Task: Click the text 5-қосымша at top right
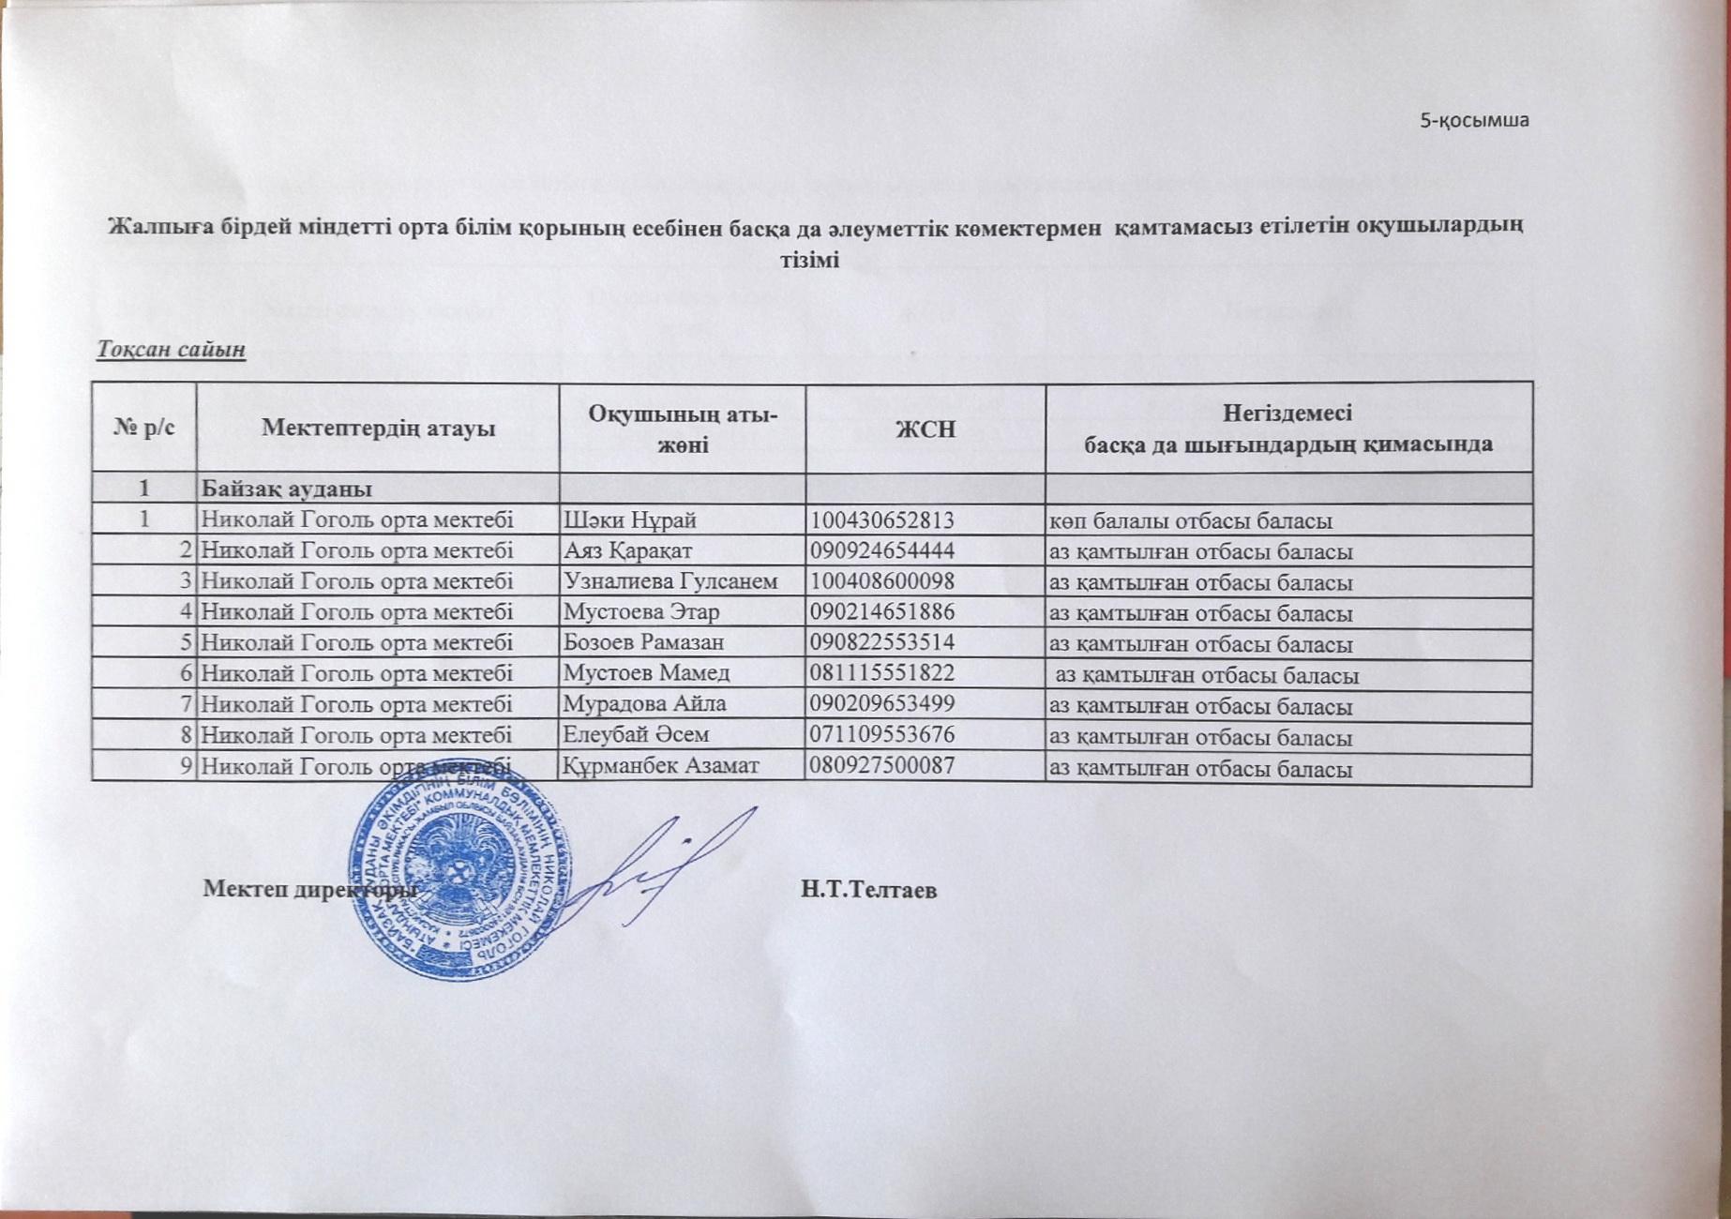[1475, 120]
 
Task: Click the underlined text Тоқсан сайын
[171, 349]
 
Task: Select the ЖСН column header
[926, 429]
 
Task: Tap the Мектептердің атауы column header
[378, 429]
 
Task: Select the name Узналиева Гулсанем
[670, 581]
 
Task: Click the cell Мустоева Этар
[641, 612]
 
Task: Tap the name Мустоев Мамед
[646, 673]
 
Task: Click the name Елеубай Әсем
[636, 734]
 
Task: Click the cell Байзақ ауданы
[287, 489]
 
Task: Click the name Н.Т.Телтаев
[868, 890]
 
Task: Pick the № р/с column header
[144, 429]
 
